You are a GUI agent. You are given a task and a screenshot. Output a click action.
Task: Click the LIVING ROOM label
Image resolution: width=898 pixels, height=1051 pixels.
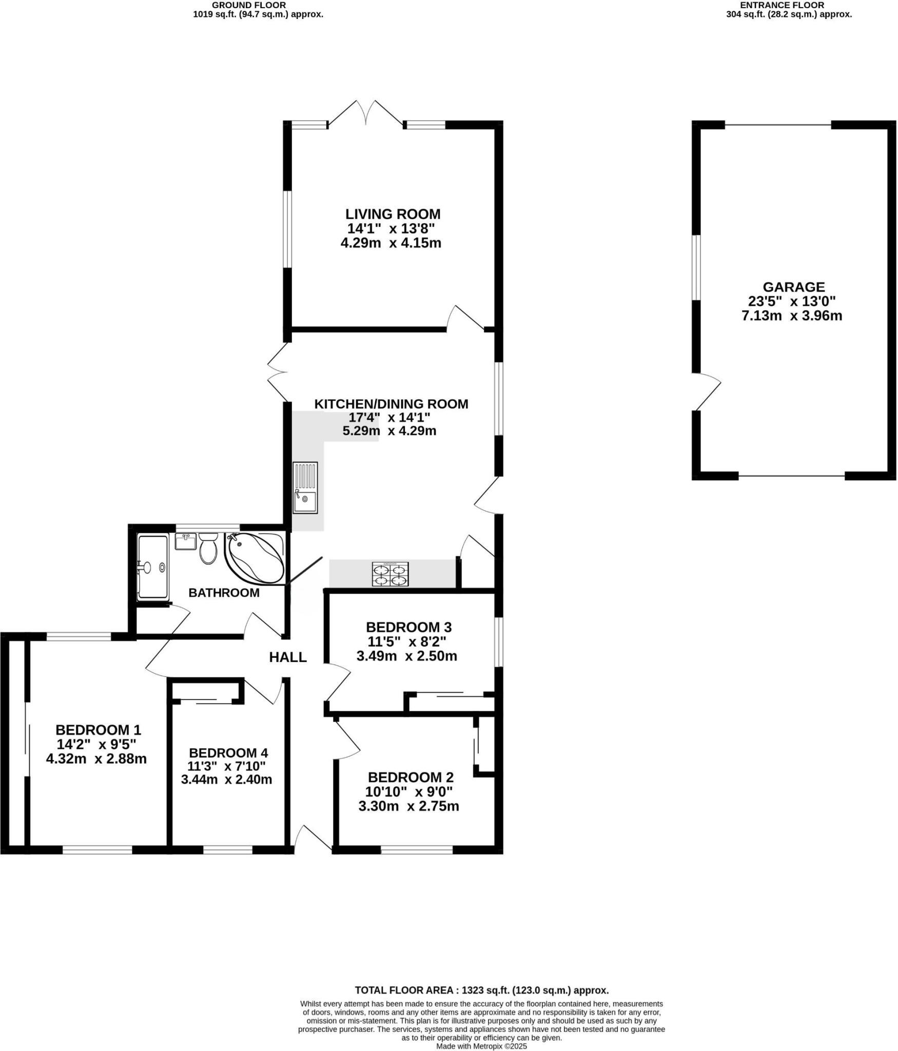(393, 214)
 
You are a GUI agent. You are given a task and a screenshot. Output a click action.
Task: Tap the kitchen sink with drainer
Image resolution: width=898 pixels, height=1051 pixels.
(305, 488)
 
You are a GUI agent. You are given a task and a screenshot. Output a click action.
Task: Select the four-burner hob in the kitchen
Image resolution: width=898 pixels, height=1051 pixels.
(391, 574)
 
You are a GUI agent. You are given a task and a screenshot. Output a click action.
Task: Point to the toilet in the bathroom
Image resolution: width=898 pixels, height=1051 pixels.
(208, 549)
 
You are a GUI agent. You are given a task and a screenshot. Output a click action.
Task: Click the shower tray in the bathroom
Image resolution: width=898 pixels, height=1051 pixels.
(152, 567)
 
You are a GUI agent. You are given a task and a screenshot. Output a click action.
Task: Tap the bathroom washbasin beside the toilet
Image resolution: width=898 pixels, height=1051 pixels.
(186, 541)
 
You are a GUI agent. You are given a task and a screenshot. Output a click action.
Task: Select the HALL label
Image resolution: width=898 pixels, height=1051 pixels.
(288, 657)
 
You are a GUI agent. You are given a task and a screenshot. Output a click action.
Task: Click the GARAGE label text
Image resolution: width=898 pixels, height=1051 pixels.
(793, 287)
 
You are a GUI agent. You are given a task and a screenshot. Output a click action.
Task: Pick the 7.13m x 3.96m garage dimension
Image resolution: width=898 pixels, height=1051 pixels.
(792, 316)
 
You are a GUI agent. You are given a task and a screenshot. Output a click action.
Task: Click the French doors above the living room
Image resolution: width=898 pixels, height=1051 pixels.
(366, 113)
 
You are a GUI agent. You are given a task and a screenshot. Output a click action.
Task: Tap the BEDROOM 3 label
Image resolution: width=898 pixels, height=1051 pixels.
(408, 627)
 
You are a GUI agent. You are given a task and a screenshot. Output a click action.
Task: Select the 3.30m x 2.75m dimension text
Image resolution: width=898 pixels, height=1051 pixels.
(408, 806)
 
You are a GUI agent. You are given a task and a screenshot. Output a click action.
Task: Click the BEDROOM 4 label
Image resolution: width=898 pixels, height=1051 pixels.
(228, 753)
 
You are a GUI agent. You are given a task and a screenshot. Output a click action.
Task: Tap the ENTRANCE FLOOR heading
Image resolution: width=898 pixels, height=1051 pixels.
(782, 5)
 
